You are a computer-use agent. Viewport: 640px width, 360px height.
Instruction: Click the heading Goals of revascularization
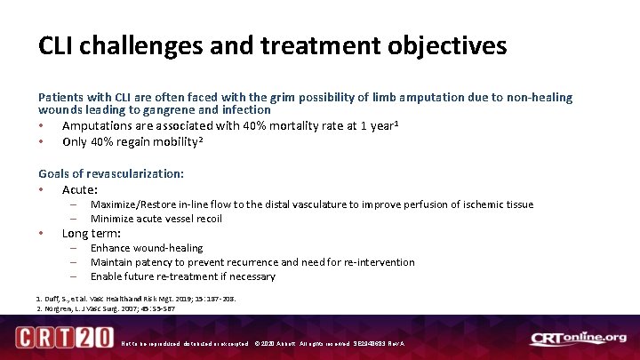pyautogui.click(x=111, y=173)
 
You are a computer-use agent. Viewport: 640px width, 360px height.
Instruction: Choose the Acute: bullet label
pyautogui.click(x=80, y=189)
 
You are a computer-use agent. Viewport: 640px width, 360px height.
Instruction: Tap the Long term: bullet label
pyautogui.click(x=92, y=233)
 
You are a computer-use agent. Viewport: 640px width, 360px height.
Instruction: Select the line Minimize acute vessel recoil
pyautogui.click(x=156, y=219)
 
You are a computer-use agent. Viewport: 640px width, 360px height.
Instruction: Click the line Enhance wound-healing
pyautogui.click(x=146, y=248)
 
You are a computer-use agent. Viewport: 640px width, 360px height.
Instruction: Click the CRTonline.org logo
pyautogui.click(x=578, y=339)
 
